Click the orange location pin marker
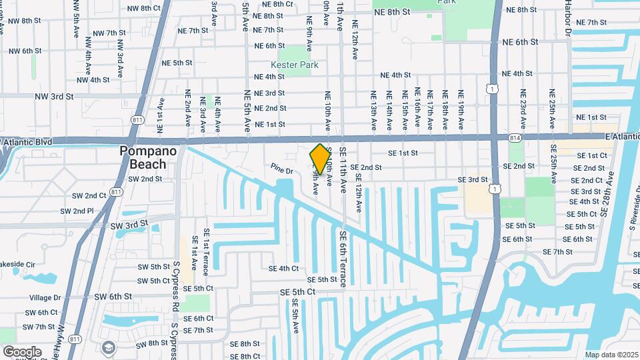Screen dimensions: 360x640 pos(321,159)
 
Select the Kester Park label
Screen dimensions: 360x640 pos(295,65)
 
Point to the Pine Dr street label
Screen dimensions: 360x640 pos(282,169)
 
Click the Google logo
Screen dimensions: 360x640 pos(22,351)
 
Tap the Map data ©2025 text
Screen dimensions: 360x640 pos(611,355)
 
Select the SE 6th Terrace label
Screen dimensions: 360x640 pos(343,259)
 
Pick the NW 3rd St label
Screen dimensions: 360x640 pos(55,96)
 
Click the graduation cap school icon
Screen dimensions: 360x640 pos(107,347)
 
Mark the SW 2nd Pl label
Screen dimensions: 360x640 pos(77,211)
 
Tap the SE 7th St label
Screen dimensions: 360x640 pos(557,252)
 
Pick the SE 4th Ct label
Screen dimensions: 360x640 pos(283,269)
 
